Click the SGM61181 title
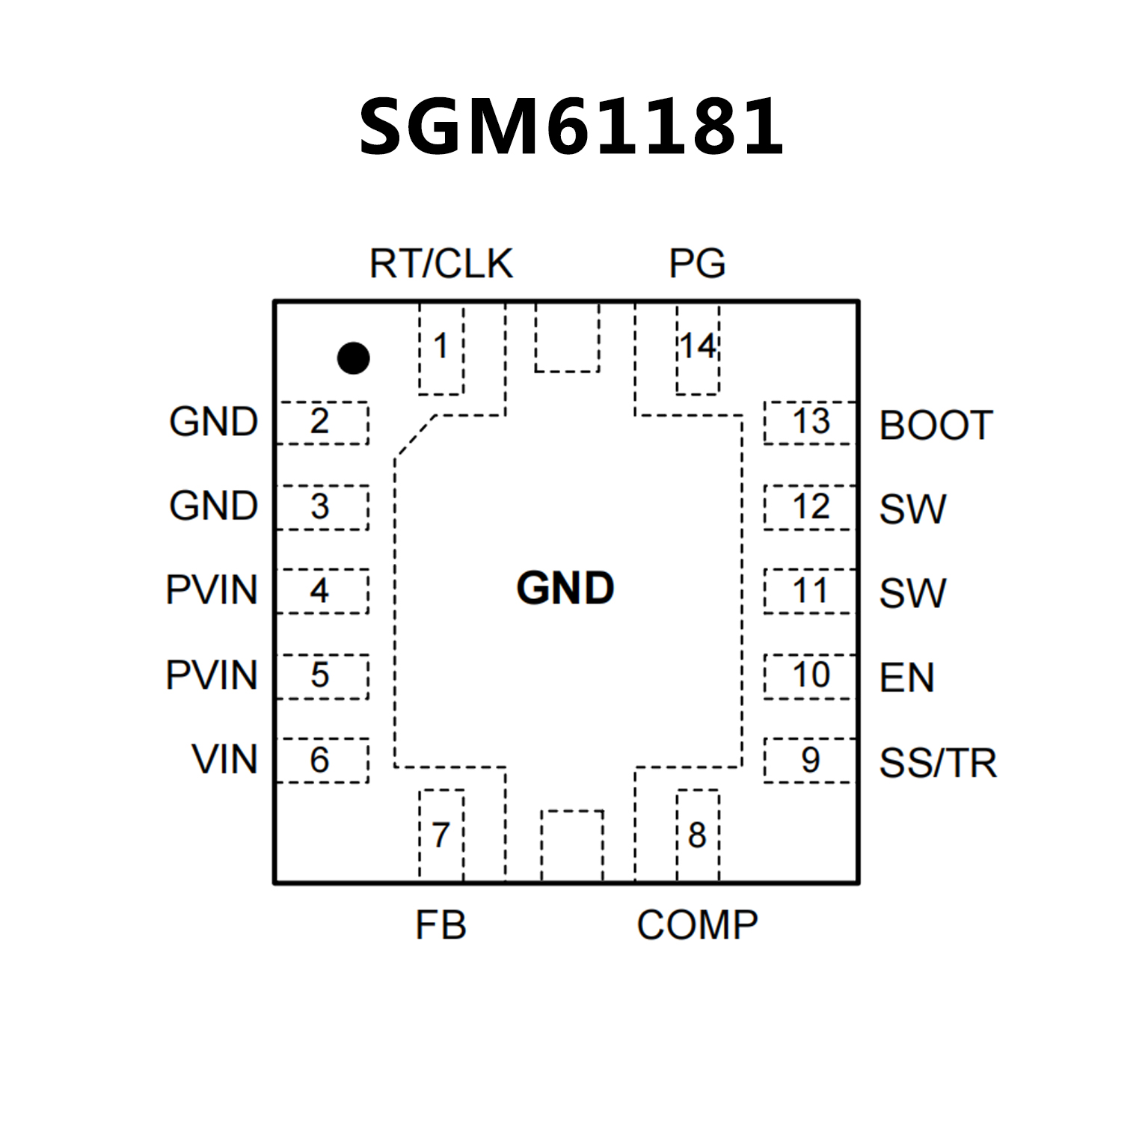pos(571,127)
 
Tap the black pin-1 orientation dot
pos(353,358)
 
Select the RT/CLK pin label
pos(441,263)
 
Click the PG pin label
pos(697,263)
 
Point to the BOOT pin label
pos(936,426)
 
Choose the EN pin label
pos(906,678)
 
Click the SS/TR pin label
pos(938,764)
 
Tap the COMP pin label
pos(697,925)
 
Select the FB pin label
pos(441,925)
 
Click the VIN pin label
pos(224,760)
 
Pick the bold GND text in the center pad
pos(565,589)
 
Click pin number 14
pos(698,346)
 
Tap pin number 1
pos(441,346)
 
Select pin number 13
pos(811,422)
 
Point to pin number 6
pos(319,761)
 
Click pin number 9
pos(811,761)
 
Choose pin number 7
pos(441,835)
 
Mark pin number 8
pos(697,835)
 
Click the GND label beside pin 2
pos(213,423)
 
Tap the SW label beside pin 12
pos(912,509)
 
